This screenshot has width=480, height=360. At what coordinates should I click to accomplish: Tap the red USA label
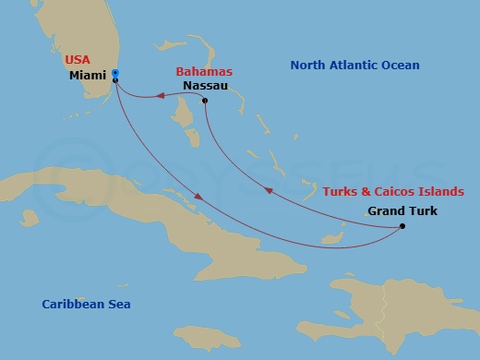(x=78, y=60)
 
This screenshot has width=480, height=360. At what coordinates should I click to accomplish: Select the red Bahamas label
(x=204, y=71)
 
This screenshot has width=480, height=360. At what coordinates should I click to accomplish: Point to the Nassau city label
(x=206, y=85)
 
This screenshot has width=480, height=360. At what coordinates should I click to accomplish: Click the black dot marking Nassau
(x=204, y=101)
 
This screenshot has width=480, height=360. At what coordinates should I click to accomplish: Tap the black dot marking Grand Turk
(x=402, y=226)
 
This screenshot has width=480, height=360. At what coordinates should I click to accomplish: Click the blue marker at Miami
(x=114, y=73)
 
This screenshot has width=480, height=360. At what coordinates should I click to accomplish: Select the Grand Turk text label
(x=402, y=210)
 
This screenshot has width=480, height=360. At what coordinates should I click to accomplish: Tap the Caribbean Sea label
(x=86, y=304)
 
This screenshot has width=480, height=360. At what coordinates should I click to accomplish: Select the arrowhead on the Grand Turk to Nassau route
(x=269, y=190)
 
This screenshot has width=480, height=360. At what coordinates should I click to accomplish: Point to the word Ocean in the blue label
(x=402, y=66)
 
